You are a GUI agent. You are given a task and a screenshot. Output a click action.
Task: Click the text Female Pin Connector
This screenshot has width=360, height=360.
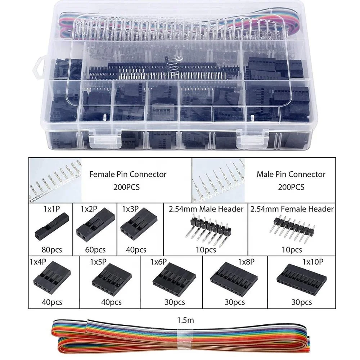pos(127,175)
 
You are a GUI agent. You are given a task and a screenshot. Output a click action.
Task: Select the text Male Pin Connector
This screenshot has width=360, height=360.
pos(291,175)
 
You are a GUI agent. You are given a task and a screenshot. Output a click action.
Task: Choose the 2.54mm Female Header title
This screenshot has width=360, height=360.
pos(292,209)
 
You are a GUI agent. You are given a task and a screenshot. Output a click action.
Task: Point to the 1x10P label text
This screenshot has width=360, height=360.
pos(311,262)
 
